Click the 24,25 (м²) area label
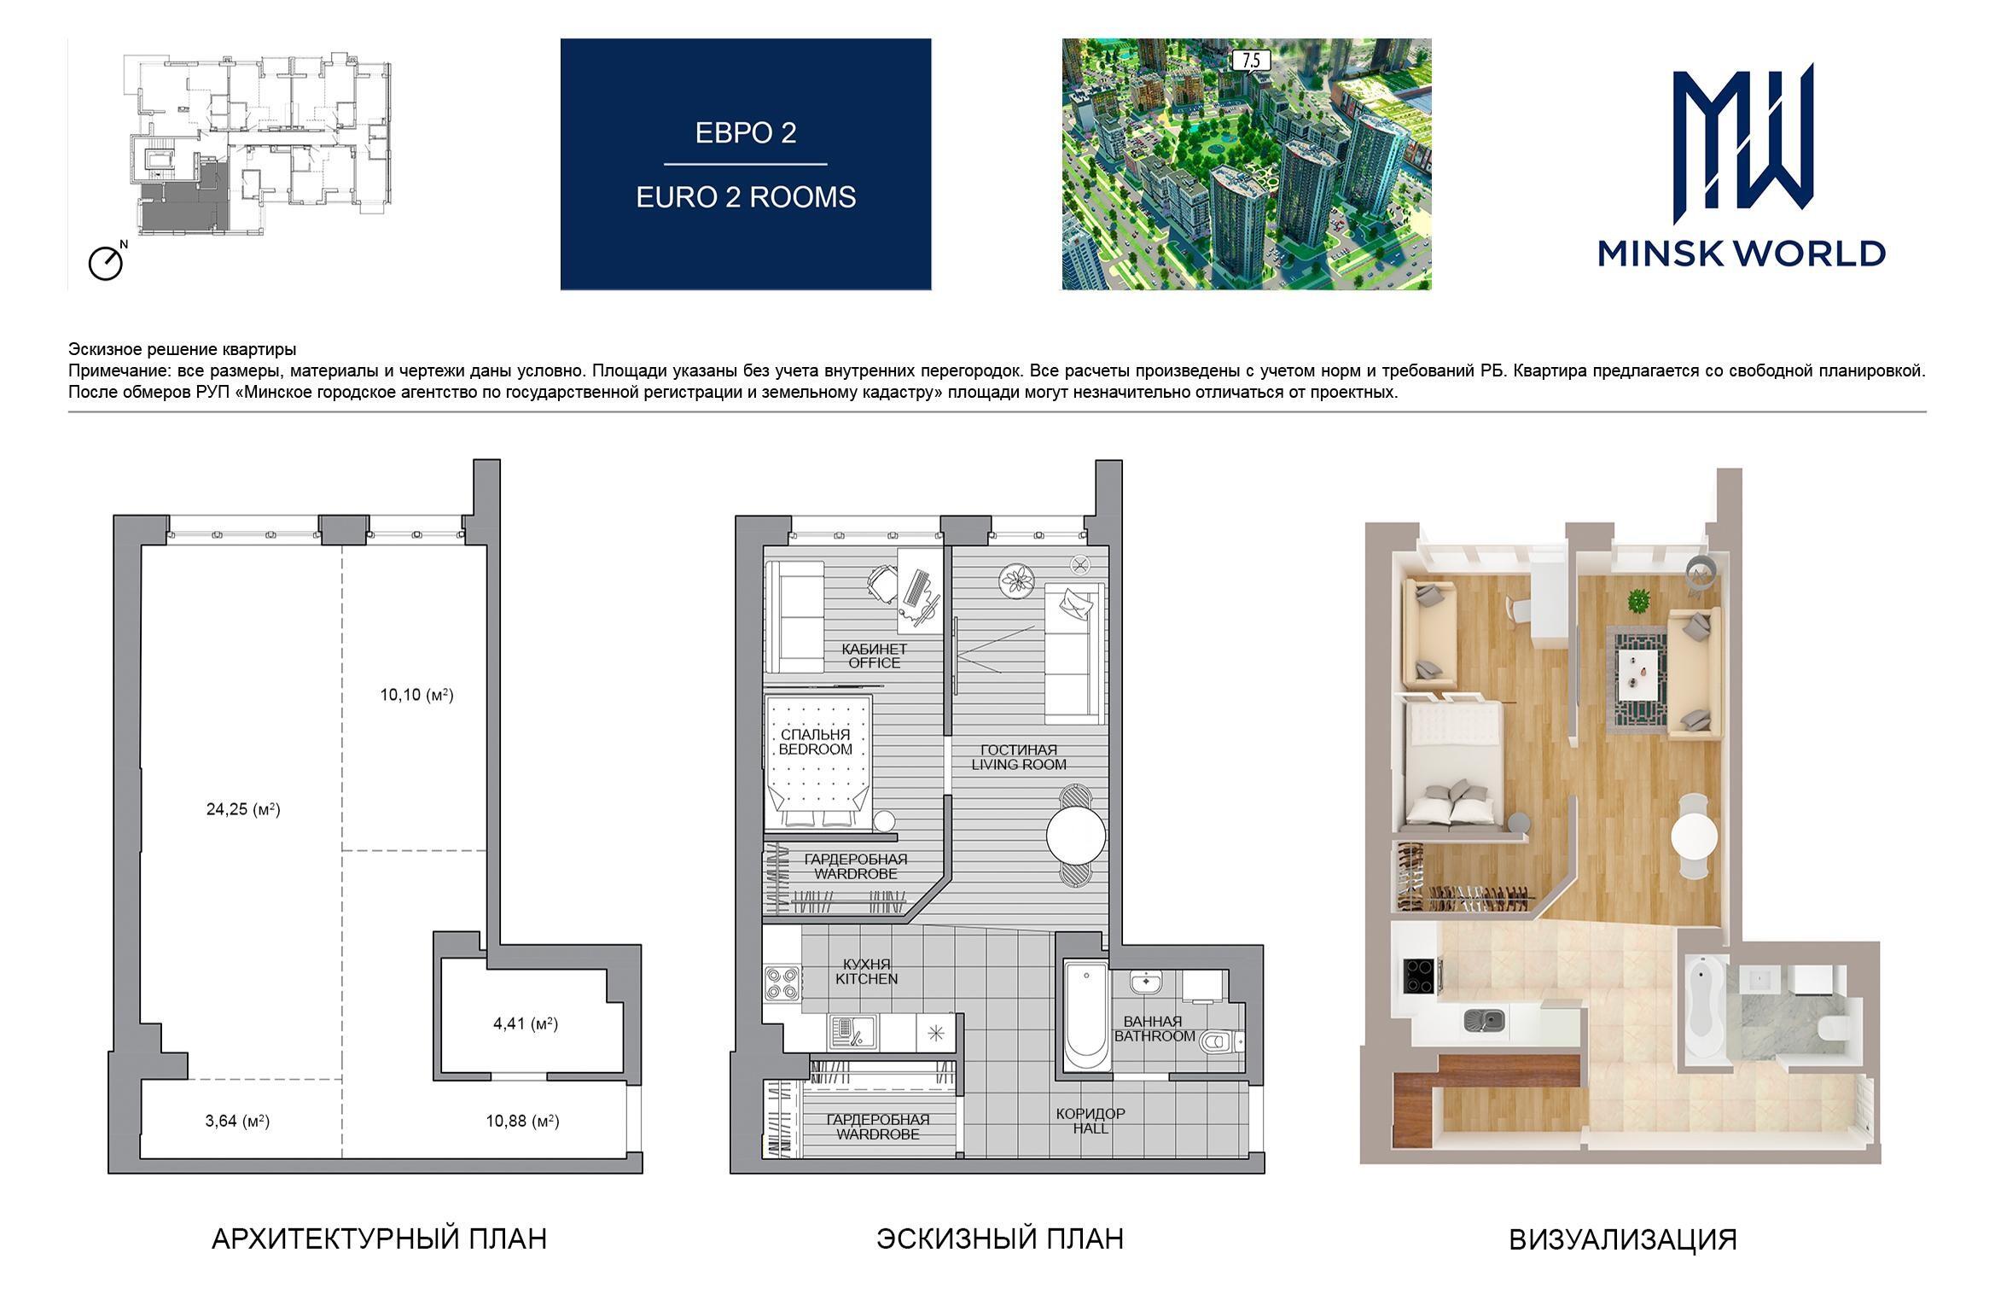click(243, 809)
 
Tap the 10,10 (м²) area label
click(416, 695)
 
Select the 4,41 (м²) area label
click(526, 1023)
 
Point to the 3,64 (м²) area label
click(237, 1121)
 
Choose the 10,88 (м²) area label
click(523, 1121)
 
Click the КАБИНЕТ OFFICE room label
click(874, 656)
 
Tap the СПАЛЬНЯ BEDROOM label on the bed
click(815, 742)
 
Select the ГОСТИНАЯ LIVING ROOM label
click(1018, 757)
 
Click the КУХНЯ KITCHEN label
click(867, 971)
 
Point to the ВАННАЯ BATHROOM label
click(1155, 1029)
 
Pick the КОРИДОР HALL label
click(1091, 1121)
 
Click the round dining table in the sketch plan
click(1076, 836)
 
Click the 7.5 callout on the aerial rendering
click(1251, 61)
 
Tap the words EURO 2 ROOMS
click(746, 197)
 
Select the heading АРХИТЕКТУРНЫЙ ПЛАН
click(379, 1239)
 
